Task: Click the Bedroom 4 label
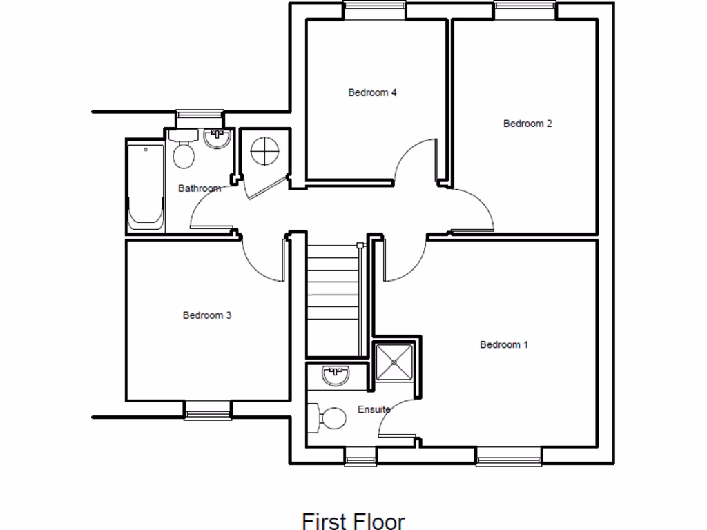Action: pyautogui.click(x=372, y=92)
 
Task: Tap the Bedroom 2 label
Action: pyautogui.click(x=527, y=124)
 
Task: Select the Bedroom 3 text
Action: pyautogui.click(x=206, y=315)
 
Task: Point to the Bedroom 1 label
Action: pyautogui.click(x=504, y=344)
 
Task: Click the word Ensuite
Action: pyautogui.click(x=374, y=409)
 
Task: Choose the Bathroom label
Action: pyautogui.click(x=200, y=188)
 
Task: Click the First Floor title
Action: pyautogui.click(x=353, y=520)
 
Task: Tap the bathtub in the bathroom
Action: pyautogui.click(x=145, y=186)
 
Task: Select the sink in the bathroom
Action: pyautogui.click(x=217, y=138)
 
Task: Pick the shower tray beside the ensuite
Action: pyautogui.click(x=394, y=362)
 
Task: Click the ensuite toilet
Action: pyautogui.click(x=330, y=418)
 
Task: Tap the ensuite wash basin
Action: pyautogui.click(x=336, y=376)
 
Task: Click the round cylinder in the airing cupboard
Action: pyautogui.click(x=264, y=151)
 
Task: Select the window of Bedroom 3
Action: pyautogui.click(x=207, y=412)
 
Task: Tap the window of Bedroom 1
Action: pyautogui.click(x=508, y=455)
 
